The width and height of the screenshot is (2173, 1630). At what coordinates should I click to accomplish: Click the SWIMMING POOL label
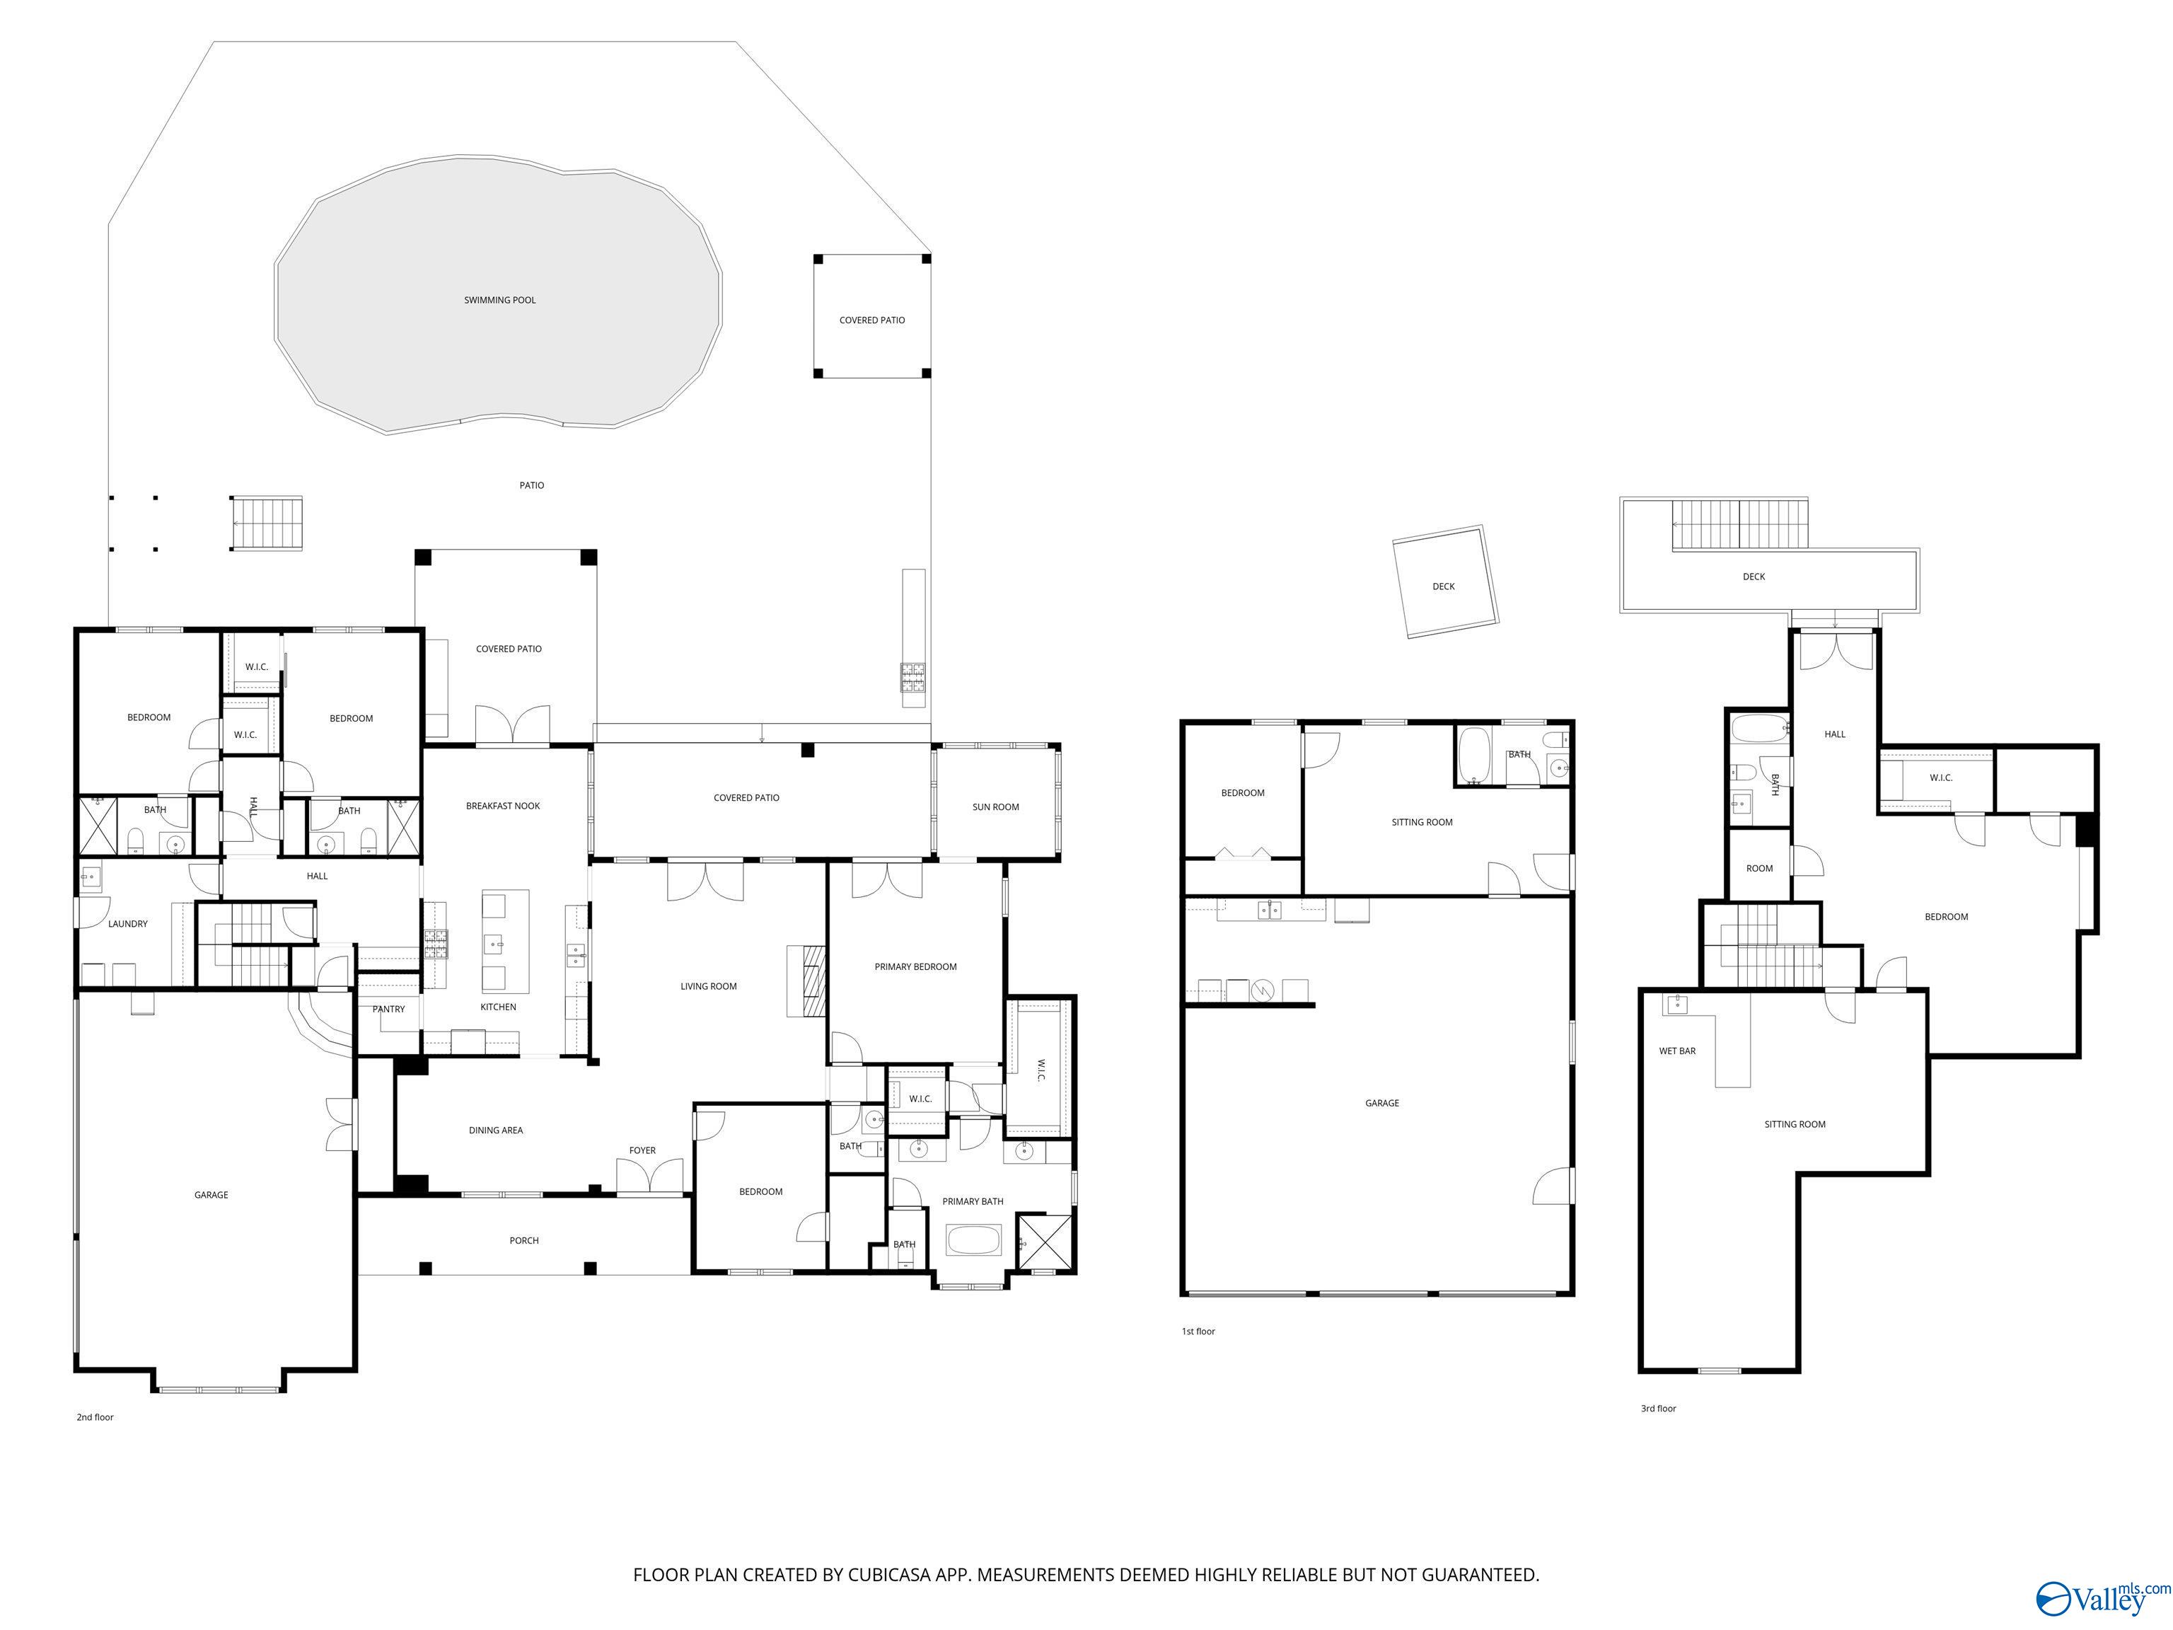[x=500, y=301]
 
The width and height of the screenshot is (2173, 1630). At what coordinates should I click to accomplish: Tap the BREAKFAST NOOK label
[x=503, y=807]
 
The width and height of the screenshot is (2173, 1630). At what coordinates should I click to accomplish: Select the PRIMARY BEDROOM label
[x=915, y=967]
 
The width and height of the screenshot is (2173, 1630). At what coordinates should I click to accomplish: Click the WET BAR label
[x=1678, y=1051]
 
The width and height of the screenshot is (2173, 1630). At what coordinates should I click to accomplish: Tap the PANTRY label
[x=389, y=1009]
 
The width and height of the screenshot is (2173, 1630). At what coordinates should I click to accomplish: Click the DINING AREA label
[x=496, y=1131]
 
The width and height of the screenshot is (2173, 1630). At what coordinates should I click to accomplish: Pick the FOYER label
[x=642, y=1150]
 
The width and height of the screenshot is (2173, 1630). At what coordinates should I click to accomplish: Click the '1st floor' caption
[x=1198, y=1331]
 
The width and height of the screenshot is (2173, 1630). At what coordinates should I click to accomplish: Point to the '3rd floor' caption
[x=1658, y=1409]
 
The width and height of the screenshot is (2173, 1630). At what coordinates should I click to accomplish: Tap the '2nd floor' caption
[x=95, y=1418]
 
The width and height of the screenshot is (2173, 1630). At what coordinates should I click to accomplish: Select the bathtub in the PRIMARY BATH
[x=973, y=1240]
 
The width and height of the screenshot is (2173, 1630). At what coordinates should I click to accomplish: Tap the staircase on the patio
[x=266, y=524]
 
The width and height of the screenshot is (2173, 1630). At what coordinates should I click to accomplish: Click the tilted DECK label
[x=1443, y=587]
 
